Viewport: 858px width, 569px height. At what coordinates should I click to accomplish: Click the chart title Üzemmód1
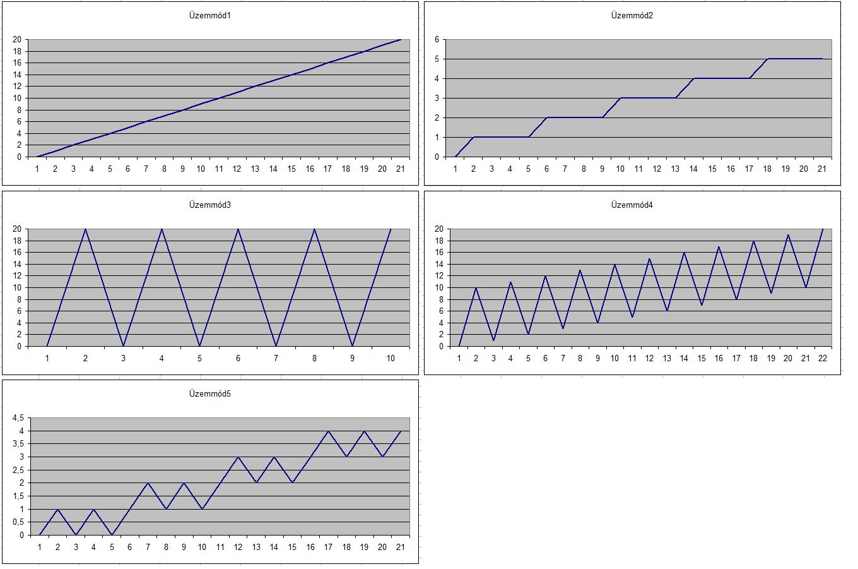(210, 16)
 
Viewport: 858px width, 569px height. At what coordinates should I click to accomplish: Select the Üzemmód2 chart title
(632, 16)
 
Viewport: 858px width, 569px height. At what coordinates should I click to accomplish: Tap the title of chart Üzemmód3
(210, 205)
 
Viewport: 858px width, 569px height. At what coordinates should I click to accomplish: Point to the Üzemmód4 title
(632, 205)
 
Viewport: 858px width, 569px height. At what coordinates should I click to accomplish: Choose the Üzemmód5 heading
(210, 394)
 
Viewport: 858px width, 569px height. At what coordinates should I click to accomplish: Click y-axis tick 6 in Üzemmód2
(437, 40)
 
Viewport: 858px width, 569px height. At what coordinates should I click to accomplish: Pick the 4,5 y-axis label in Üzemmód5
(18, 418)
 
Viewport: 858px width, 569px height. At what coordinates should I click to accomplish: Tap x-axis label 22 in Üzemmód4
(823, 359)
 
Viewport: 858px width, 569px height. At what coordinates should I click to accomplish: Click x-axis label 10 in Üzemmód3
(391, 359)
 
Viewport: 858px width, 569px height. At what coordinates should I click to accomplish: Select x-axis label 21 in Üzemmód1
(400, 169)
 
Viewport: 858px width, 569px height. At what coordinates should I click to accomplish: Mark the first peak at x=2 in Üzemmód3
(86, 229)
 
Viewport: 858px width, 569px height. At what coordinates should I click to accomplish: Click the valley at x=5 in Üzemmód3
(200, 346)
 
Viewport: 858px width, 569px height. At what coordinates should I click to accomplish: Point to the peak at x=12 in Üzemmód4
(649, 258)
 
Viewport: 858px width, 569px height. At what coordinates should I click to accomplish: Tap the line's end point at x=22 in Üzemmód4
(823, 229)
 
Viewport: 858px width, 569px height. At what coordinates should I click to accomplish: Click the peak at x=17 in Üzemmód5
(328, 431)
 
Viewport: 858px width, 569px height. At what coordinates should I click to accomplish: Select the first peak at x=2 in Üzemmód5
(57, 509)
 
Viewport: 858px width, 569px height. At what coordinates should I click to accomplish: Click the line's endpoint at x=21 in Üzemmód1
(400, 40)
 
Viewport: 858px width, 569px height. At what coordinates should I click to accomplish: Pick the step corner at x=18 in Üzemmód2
(767, 59)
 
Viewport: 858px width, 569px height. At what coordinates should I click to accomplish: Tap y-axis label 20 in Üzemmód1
(17, 40)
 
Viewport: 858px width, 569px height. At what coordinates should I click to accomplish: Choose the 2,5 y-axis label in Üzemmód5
(18, 470)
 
